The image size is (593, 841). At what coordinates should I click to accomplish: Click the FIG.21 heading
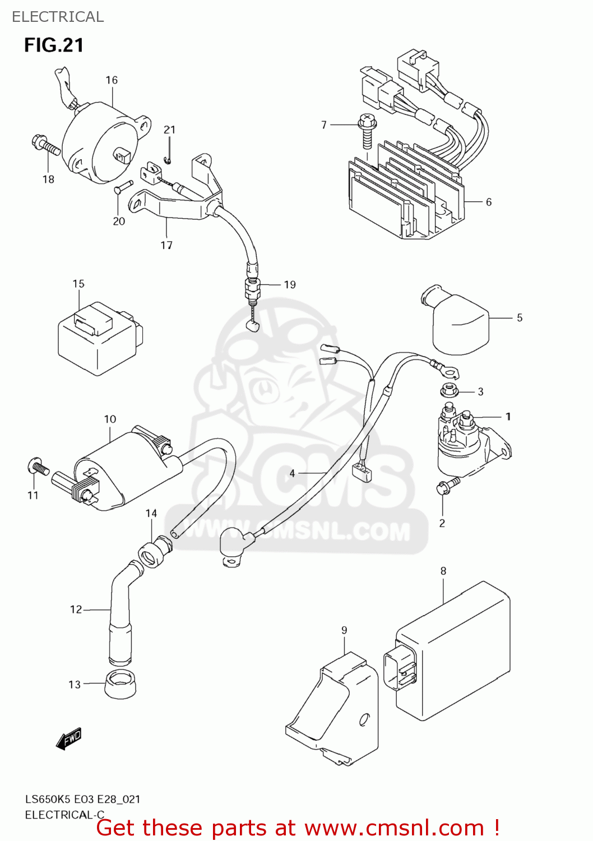click(54, 45)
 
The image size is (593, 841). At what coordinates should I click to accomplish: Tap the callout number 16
click(112, 80)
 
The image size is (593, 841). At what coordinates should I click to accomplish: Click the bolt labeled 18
click(46, 145)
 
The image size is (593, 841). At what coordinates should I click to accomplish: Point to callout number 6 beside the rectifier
click(488, 202)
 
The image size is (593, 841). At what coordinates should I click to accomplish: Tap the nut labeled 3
click(448, 389)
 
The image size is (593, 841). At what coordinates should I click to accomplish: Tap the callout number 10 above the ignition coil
click(110, 419)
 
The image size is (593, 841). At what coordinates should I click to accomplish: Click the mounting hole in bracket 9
click(364, 719)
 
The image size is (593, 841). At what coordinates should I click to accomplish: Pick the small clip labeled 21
click(167, 161)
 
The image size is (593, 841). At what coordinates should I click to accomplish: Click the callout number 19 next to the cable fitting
click(289, 285)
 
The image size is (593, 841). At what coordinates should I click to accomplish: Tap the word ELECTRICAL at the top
click(58, 17)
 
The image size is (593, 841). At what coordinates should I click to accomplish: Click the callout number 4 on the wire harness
click(292, 474)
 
